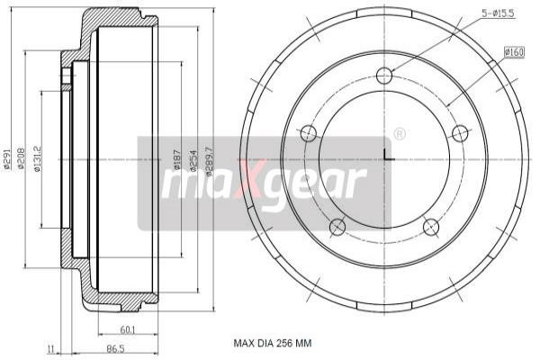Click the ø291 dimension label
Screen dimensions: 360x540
tap(7, 158)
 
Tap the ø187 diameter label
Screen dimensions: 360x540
tap(177, 159)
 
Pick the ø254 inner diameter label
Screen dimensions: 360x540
tap(193, 159)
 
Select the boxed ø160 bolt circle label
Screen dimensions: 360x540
tap(514, 52)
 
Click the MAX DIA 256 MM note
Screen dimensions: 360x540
tap(272, 343)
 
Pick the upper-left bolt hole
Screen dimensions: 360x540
tap(308, 134)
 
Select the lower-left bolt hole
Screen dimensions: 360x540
tap(337, 226)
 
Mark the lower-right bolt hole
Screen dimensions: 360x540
tap(433, 226)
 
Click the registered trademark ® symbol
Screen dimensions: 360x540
tap(400, 134)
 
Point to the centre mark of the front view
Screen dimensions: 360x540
tap(385, 158)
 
